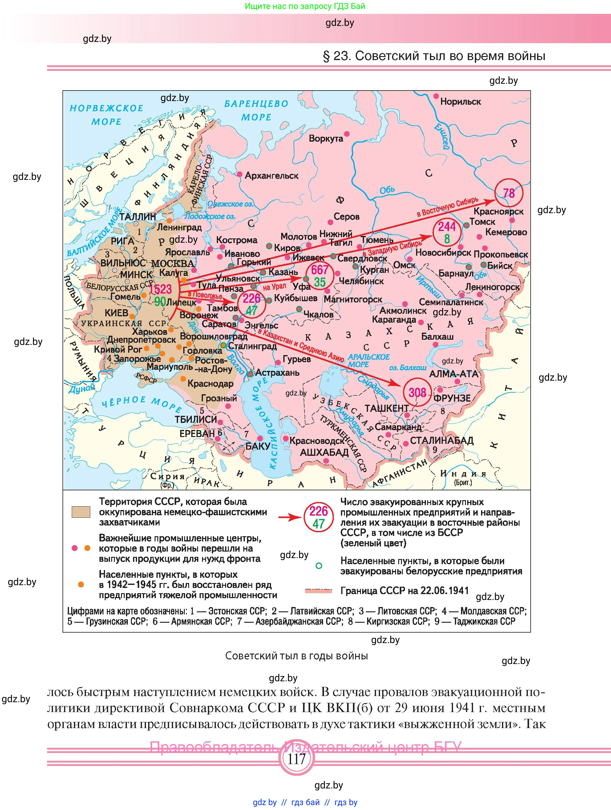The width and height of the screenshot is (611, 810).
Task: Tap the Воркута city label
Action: coord(326,138)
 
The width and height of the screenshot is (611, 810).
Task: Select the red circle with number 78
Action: coord(508,192)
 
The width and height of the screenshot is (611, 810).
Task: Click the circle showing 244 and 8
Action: coord(447,233)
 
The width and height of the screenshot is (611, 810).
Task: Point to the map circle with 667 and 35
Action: coord(320,276)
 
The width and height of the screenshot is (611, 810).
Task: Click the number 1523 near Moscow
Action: coord(160,289)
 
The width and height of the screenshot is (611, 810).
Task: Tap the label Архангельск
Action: coord(271,176)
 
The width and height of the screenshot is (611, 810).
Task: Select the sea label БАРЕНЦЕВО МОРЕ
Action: coord(256,110)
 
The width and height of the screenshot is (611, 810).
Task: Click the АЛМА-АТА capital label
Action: coord(453,374)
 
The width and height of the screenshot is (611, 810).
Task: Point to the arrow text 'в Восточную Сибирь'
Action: coord(447,207)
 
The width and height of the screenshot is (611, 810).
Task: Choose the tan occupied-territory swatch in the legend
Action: coord(81,512)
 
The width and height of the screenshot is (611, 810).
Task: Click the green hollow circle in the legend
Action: coord(318,566)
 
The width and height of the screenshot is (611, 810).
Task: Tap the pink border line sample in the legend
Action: coord(318,591)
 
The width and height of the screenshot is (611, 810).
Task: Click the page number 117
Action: coord(296,759)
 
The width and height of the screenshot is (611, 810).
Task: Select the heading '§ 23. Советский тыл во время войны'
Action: coord(434,56)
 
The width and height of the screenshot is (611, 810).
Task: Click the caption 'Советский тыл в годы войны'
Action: coord(296,655)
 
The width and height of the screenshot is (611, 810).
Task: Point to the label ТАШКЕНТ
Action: coord(386,408)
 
